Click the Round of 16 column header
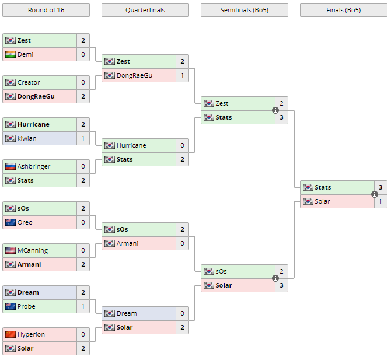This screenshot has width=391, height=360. click(x=46, y=10)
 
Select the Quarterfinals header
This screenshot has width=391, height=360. click(x=145, y=10)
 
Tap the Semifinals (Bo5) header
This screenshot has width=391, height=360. click(x=244, y=10)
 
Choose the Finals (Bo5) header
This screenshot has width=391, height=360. click(x=343, y=10)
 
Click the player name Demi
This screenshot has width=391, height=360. click(x=25, y=54)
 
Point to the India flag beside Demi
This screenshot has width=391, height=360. click(x=10, y=54)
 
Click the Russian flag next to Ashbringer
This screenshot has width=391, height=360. click(x=10, y=166)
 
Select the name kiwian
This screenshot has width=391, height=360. click(x=26, y=138)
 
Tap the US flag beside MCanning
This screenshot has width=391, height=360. click(x=10, y=250)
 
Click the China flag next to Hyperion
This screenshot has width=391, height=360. click(x=10, y=334)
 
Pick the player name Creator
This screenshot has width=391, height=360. click(x=29, y=82)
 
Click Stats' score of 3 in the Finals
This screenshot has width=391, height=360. click(x=380, y=187)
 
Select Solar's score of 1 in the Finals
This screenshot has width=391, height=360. click(x=380, y=201)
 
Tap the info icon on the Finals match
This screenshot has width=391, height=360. click(x=375, y=194)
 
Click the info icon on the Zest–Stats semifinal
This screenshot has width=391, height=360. click(x=275, y=110)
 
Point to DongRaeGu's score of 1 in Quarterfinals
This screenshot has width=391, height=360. click(x=182, y=75)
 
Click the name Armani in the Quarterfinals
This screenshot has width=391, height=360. click(x=128, y=243)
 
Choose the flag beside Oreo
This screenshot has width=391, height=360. click(x=10, y=222)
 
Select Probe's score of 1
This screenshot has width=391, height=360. click(x=83, y=306)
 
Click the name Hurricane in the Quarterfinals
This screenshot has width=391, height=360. click(x=131, y=145)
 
